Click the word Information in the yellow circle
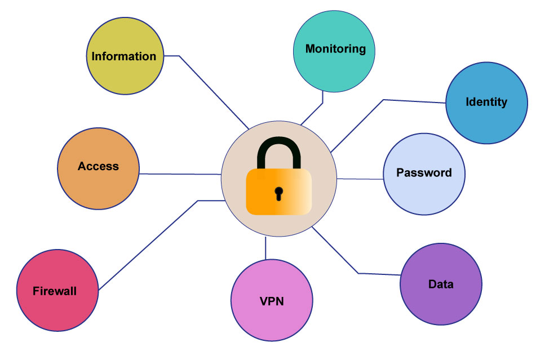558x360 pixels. pyautogui.click(x=124, y=56)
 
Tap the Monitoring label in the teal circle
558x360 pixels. pyautogui.click(x=335, y=49)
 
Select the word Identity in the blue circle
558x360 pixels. pyautogui.click(x=486, y=102)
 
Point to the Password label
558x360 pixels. pyautogui.click(x=424, y=172)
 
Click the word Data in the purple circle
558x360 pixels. pyautogui.click(x=441, y=284)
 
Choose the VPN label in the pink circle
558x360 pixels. pyautogui.click(x=272, y=301)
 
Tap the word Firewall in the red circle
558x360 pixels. pyautogui.click(x=55, y=291)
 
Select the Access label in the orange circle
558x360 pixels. pyautogui.click(x=98, y=166)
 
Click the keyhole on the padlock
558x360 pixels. pyautogui.click(x=278, y=193)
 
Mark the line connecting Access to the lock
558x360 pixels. pyautogui.click(x=180, y=174)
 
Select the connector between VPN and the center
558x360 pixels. pyautogui.click(x=265, y=248)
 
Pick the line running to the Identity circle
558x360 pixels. pyautogui.click(x=383, y=100)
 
